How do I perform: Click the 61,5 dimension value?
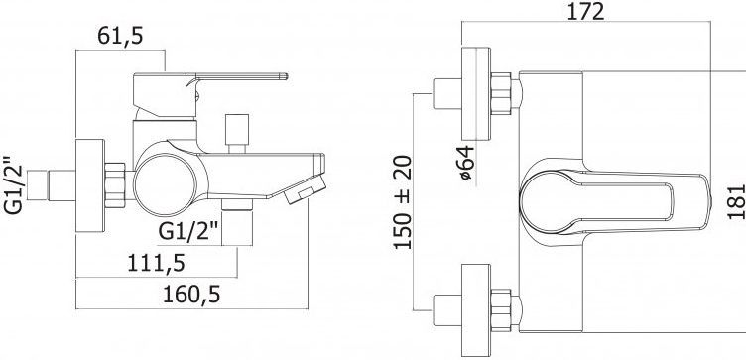tap(120, 36)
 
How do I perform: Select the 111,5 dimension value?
tap(156, 263)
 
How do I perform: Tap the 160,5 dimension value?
tap(191, 295)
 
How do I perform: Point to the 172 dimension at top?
tap(585, 11)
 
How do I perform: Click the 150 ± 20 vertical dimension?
tap(403, 202)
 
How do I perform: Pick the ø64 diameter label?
tap(466, 163)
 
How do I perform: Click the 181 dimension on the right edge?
tap(736, 201)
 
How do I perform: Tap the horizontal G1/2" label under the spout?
tap(188, 220)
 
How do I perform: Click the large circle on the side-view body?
tap(165, 185)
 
